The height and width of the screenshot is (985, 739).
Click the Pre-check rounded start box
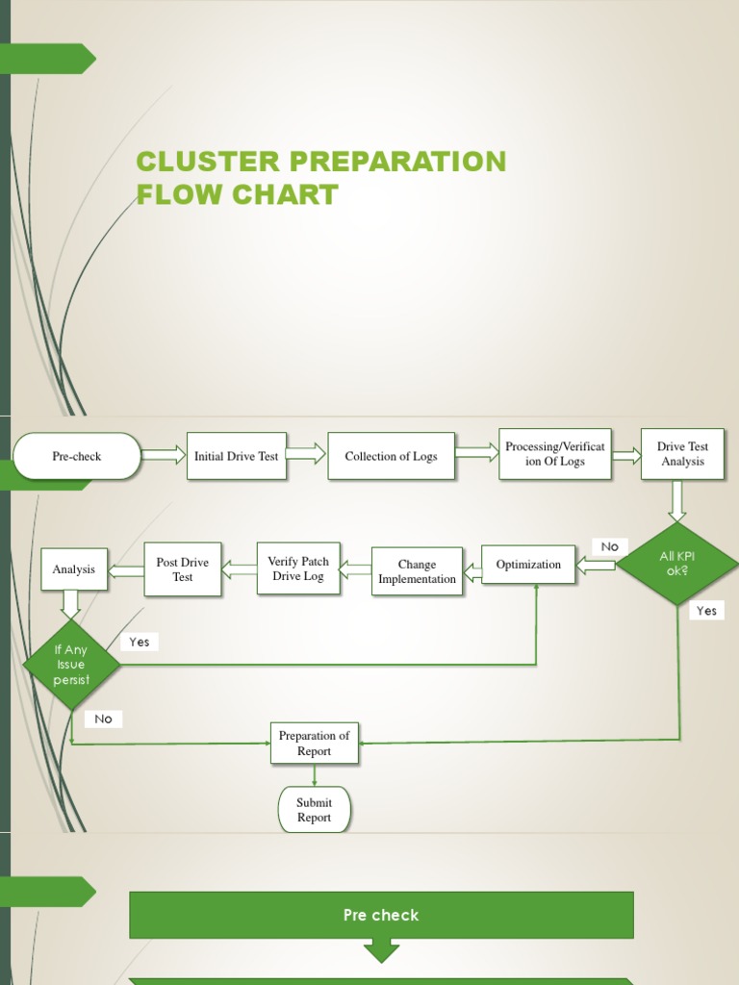[77, 456]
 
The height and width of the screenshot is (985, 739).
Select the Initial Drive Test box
[236, 456]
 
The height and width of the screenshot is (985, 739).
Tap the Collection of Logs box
[391, 456]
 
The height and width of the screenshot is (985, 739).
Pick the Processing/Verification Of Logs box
[555, 454]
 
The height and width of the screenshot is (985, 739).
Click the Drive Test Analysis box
[682, 454]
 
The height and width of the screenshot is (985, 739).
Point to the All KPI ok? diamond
[676, 564]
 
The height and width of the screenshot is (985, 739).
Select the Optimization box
[528, 565]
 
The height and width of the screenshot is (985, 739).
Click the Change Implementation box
[417, 571]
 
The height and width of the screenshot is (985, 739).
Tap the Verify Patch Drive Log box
[298, 568]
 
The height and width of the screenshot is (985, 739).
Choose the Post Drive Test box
[183, 569]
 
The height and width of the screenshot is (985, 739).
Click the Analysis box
[74, 569]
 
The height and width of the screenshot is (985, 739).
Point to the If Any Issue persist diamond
[71, 665]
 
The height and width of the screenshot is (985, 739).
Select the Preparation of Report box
[315, 744]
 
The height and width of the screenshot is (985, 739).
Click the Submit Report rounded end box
[315, 810]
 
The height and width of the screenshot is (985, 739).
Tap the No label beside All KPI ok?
[610, 546]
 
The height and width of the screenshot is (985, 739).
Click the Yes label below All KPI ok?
[706, 611]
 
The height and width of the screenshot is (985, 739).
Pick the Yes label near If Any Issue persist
[140, 642]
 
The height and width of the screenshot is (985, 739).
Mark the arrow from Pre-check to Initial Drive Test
[164, 455]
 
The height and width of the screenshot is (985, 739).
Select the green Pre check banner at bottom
[381, 915]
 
